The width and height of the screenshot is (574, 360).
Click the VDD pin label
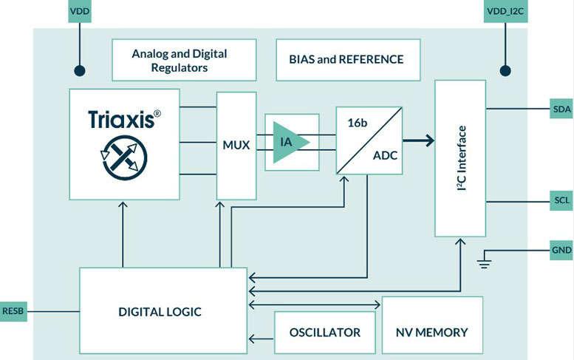pos(79,13)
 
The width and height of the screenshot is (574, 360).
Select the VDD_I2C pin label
pos(506,13)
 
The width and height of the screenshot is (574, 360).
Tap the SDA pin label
pos(561,109)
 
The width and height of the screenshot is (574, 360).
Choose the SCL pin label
pos(561,200)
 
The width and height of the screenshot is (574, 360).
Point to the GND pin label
pos(561,251)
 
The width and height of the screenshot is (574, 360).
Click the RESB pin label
pos(14,311)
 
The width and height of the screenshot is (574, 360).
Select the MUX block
pos(236,146)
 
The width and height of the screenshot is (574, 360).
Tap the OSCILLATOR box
pos(325,332)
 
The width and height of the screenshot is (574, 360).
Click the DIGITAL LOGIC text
pos(160,311)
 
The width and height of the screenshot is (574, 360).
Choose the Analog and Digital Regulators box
pos(179,60)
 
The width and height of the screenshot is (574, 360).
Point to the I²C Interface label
pos(462,158)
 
